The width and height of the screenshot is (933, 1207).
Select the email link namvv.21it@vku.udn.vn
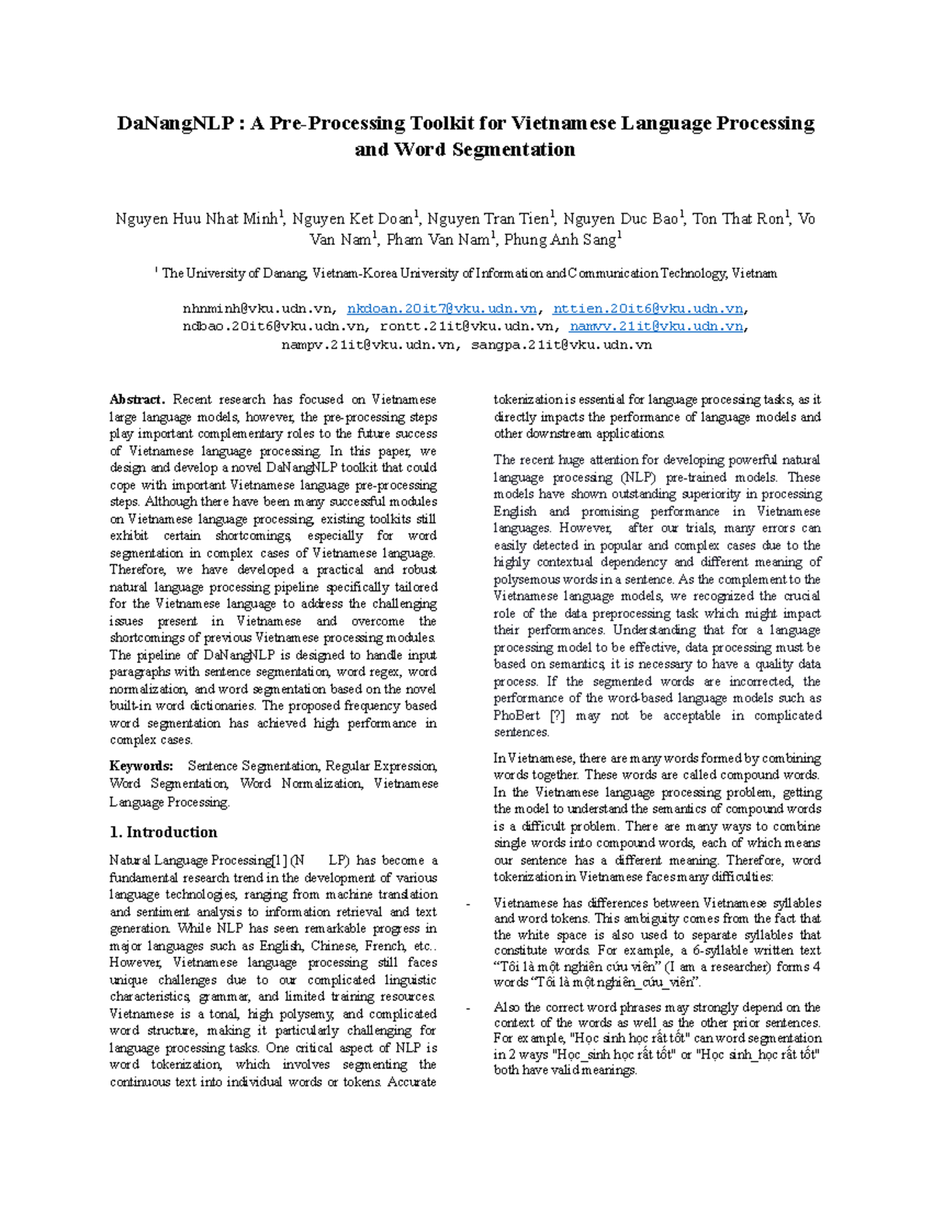coord(656,327)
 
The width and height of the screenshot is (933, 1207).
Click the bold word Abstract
coord(137,400)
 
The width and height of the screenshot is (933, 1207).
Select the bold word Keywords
coord(141,766)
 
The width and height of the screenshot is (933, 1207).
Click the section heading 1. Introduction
coord(163,832)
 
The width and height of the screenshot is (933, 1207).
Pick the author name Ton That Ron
coord(739,219)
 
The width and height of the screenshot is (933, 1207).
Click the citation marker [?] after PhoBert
coord(557,716)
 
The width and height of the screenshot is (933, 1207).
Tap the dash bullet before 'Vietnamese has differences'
coord(467,904)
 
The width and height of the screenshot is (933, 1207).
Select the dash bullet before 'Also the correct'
coord(467,1008)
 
